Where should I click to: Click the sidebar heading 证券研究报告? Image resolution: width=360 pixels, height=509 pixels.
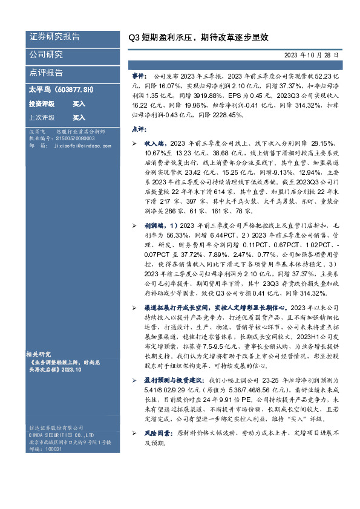point(54,37)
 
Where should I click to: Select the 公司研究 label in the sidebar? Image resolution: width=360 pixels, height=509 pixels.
point(46,55)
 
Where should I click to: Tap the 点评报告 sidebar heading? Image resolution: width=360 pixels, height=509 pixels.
point(46,73)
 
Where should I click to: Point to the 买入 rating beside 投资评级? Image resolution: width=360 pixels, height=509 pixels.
point(79,103)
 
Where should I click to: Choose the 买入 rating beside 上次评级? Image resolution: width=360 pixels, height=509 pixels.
point(79,117)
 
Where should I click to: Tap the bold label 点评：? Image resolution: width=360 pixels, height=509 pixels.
point(139,129)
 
